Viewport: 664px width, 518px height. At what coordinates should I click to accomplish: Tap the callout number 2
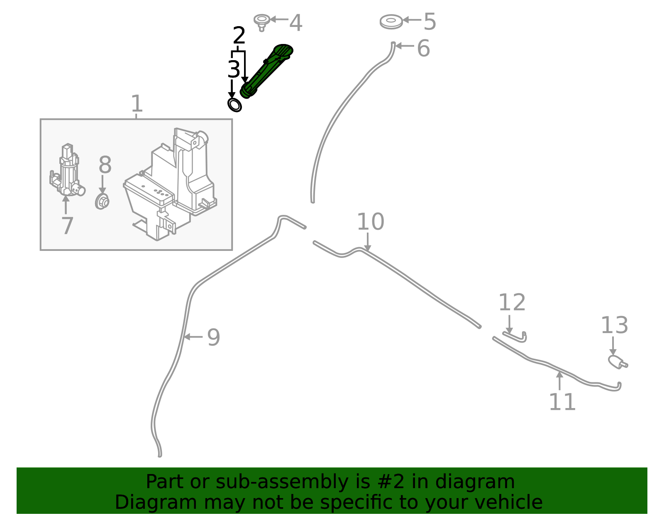coord(239,35)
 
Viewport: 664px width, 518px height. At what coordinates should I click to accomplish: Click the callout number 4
coord(295,23)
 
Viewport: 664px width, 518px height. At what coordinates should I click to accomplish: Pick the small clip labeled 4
coord(261,22)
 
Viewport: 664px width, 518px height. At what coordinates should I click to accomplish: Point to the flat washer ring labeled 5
coord(391,22)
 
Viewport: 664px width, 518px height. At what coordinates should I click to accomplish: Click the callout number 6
coord(423,48)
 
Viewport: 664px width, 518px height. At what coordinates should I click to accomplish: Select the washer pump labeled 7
coord(67,170)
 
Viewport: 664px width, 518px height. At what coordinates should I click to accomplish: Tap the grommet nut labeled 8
coord(102,201)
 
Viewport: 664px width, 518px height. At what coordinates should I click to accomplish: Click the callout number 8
coord(105,165)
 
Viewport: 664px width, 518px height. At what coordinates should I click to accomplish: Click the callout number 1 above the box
coord(137,104)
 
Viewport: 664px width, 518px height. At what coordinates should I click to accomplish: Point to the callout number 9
coord(214,337)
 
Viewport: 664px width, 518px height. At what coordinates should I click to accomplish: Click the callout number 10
coord(370,222)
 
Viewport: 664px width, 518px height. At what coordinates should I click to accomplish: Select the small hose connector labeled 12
coord(515,337)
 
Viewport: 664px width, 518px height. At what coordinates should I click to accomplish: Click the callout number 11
coord(562,402)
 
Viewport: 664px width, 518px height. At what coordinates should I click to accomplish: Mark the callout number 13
coord(615,326)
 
